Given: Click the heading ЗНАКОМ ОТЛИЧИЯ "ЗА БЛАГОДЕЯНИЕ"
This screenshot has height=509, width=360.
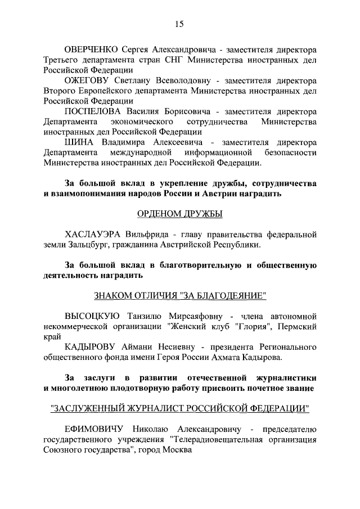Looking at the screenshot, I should (x=179, y=296).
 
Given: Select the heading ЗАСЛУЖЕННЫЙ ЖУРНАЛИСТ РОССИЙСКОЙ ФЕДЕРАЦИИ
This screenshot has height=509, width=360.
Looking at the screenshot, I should (x=179, y=408).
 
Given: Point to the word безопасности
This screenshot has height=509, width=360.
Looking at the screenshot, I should (x=290, y=153).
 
